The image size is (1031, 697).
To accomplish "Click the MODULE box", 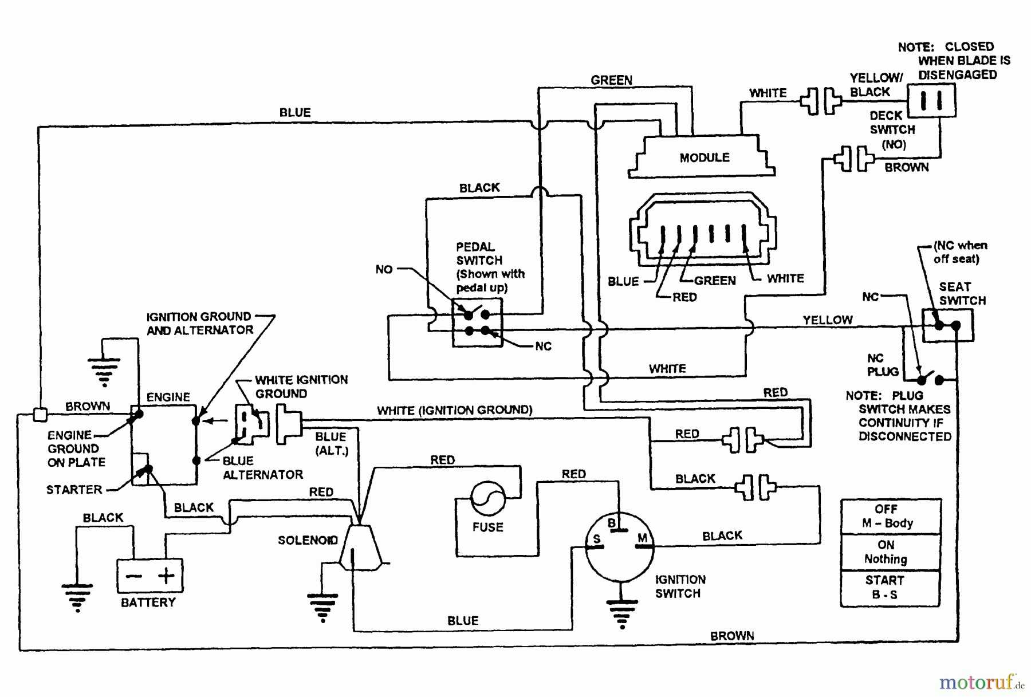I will click(x=703, y=157).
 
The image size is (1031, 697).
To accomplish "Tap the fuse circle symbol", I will click(x=487, y=498).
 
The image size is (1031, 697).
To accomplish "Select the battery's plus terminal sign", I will click(x=166, y=575).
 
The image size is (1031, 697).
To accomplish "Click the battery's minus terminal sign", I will click(x=133, y=576).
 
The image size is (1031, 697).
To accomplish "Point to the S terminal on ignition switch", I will click(x=596, y=540).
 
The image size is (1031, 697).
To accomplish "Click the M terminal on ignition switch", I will click(x=642, y=538).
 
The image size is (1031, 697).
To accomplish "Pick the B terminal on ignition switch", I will click(x=612, y=523).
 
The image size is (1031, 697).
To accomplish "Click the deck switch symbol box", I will click(x=931, y=101).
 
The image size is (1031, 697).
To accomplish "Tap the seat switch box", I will click(x=947, y=325).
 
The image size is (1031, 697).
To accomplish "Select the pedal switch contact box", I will click(x=477, y=322).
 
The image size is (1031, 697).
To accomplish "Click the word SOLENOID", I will click(x=308, y=540).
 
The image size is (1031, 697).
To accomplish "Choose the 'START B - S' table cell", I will click(x=885, y=588).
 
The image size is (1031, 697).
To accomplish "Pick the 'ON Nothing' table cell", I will click(x=886, y=552).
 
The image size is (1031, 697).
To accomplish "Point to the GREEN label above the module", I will click(x=611, y=80).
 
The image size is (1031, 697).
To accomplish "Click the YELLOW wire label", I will click(x=827, y=320).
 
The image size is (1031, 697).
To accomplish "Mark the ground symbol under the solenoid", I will click(x=322, y=607).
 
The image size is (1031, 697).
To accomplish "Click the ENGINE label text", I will click(x=168, y=397).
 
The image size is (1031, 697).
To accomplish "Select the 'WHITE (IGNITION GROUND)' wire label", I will click(x=454, y=410).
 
